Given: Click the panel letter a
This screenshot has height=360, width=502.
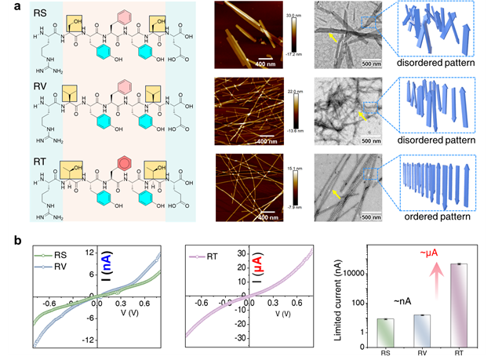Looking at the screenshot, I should click(x=12, y=9).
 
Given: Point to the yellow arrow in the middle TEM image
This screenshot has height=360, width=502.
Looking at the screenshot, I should click(x=362, y=115).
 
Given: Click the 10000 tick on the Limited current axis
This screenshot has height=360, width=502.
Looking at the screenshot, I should click(x=363, y=273).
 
